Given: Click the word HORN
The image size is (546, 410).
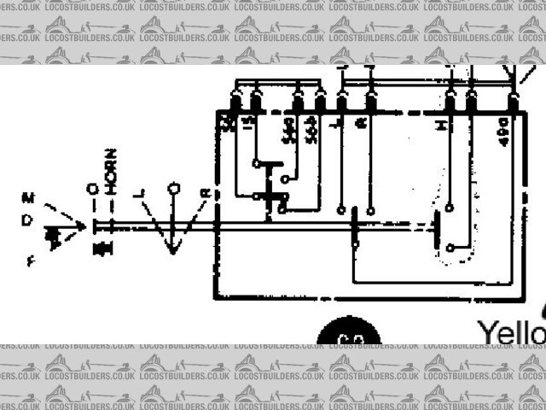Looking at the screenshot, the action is coord(111,171).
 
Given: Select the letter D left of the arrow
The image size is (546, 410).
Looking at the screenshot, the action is coord(27,220).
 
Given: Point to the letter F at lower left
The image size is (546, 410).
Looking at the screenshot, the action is coord(31,261).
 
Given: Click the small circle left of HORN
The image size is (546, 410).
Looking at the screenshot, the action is coord(92,188).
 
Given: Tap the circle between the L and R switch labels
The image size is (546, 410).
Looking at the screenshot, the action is coord(173,187).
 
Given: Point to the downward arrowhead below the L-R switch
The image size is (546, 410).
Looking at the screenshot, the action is coord(173,249).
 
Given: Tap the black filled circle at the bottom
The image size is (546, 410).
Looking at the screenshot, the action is coord(348,336).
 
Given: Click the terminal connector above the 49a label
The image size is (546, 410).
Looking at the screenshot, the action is coord(512,104).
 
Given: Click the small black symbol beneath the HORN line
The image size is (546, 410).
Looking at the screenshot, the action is coord(103,249).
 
